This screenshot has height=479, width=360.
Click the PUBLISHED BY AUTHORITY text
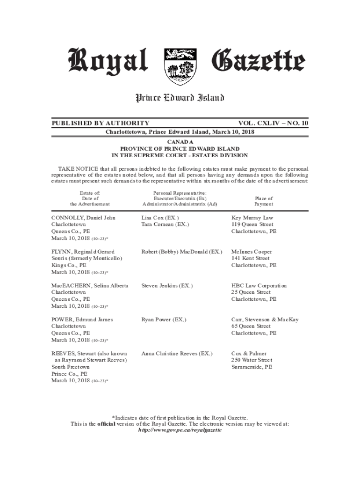click(100, 123)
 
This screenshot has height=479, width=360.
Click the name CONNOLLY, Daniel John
click(83, 218)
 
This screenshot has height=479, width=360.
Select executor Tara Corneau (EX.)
click(165, 225)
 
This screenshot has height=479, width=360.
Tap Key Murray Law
click(252, 218)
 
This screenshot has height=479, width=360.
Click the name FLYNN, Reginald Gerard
click(83, 252)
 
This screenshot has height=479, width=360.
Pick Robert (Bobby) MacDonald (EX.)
click(181, 252)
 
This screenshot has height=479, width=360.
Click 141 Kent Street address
click(250, 258)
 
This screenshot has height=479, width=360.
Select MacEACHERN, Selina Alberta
click(89, 285)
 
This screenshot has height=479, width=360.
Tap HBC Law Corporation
click(259, 285)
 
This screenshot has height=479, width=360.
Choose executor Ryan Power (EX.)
click(164, 319)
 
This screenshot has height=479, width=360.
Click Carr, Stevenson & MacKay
click(265, 319)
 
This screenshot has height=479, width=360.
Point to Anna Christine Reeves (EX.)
click(177, 354)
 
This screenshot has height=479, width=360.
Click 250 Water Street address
click(252, 360)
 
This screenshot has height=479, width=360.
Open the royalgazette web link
click(180, 430)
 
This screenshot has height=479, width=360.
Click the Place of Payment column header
click(264, 202)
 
